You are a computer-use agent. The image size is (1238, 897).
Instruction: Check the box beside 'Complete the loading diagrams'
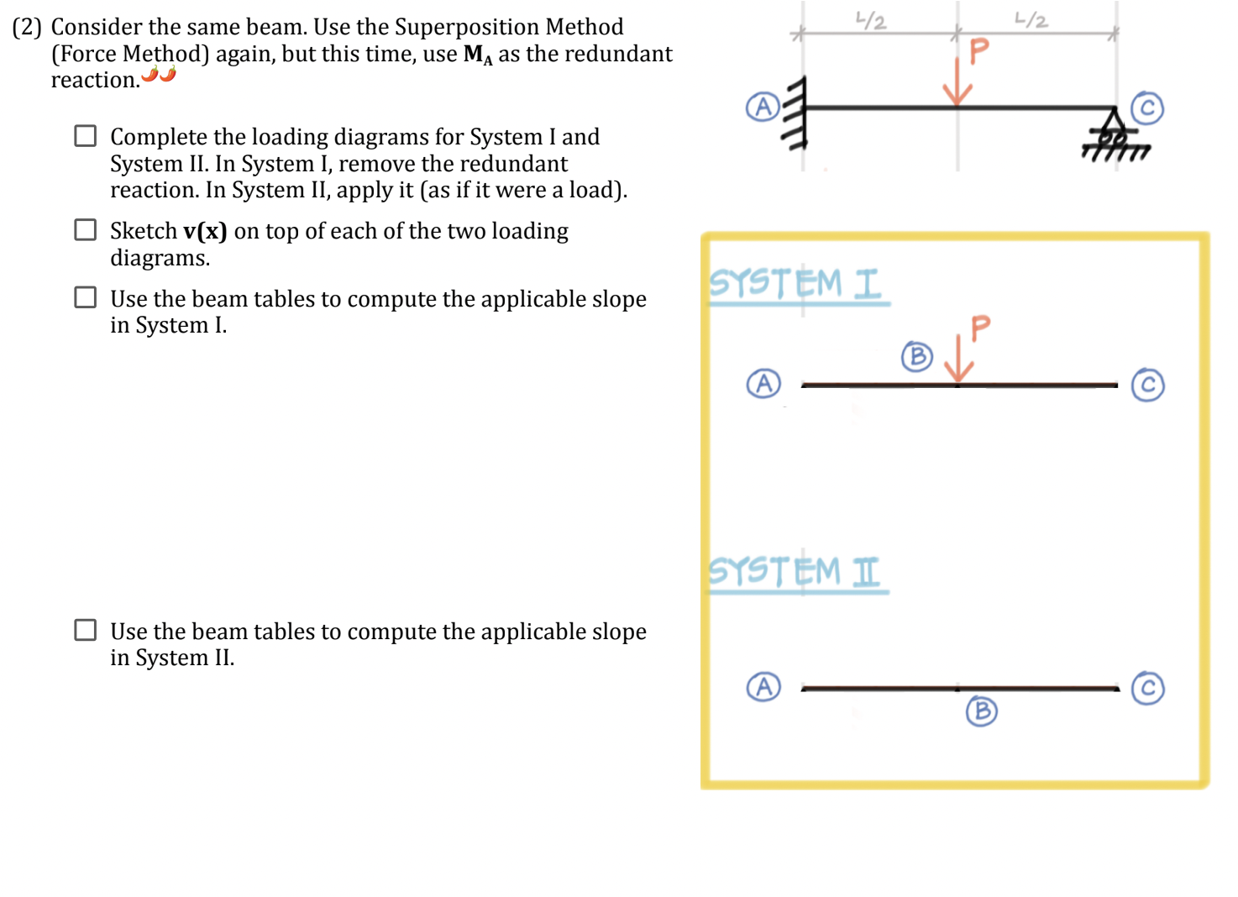86,136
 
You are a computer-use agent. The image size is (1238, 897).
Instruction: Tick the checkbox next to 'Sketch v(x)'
86,230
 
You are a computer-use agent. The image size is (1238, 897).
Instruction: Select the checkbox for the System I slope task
86,297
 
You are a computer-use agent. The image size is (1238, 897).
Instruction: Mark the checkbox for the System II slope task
86,630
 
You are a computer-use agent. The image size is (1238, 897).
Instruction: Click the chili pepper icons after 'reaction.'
159,75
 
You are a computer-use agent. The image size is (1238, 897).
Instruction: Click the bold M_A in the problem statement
478,55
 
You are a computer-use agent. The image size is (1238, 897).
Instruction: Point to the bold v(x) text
205,231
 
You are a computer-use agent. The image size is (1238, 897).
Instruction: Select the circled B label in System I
917,356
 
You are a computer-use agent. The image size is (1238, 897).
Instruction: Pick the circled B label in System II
981,711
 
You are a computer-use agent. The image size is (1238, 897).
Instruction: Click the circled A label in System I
763,384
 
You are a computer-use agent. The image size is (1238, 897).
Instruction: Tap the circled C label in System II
1147,688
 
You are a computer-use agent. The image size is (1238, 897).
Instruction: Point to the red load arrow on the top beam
957,82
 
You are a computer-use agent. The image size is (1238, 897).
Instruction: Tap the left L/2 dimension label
871,20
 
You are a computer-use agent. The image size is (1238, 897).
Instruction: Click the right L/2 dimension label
1031,19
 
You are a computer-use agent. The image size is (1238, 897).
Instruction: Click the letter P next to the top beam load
979,51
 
